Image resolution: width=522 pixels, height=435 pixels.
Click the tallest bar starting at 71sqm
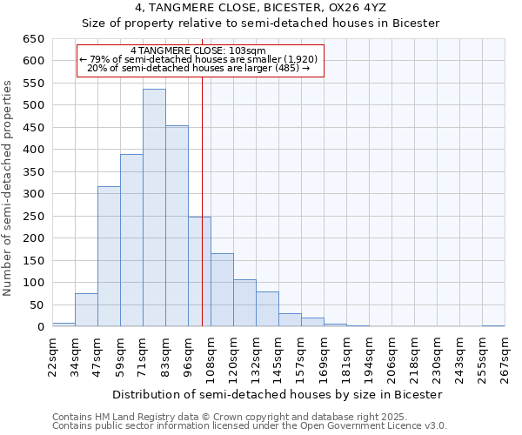point(154,208)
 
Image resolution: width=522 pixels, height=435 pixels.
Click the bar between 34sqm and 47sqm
point(86,310)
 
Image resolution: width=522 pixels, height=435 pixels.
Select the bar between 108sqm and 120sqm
point(222,290)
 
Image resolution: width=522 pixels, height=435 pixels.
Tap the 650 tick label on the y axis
point(32,39)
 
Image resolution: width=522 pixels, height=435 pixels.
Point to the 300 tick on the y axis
point(32,194)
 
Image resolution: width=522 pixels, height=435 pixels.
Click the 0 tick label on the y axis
point(40,327)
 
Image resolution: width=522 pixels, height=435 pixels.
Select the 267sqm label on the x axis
point(505,358)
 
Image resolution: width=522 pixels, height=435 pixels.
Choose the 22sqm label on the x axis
point(52,358)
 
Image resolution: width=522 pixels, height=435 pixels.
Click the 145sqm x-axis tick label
point(278,358)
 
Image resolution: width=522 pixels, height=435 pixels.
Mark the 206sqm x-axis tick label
point(391,358)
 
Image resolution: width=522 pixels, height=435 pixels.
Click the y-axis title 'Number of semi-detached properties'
point(9,187)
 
